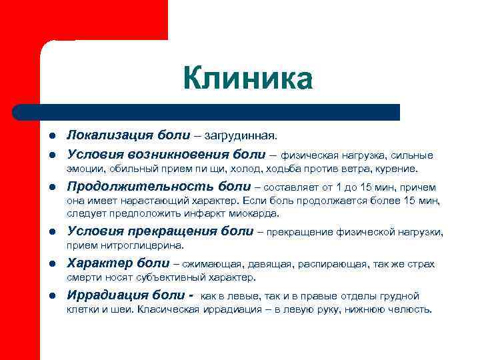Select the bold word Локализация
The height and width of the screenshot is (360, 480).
[x=111, y=136]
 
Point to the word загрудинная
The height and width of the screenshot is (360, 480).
[x=242, y=137]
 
